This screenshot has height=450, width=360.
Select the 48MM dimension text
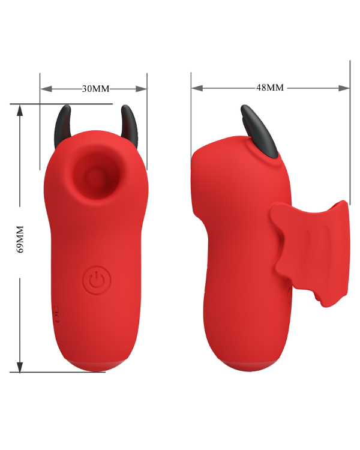click(x=270, y=88)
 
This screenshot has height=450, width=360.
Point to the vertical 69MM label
click(x=20, y=239)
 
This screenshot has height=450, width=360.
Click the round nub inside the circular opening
click(x=94, y=176)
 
